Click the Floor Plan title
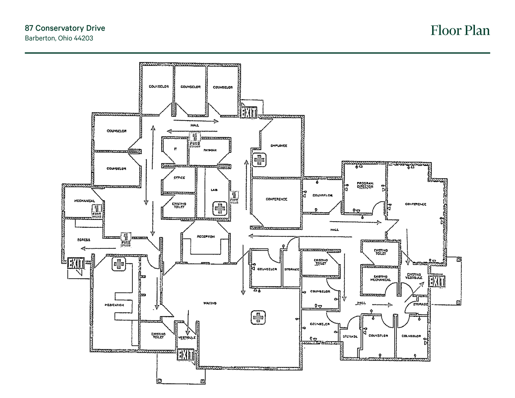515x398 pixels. click(x=460, y=31)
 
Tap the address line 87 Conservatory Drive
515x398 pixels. click(x=65, y=28)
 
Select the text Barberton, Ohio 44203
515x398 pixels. click(x=59, y=38)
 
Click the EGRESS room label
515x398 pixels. click(x=84, y=240)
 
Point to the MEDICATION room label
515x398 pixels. click(x=114, y=305)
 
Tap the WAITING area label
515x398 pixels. click(x=210, y=303)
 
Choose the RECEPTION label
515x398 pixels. click(x=206, y=236)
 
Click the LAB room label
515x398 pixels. click(x=214, y=190)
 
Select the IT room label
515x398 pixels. click(x=175, y=149)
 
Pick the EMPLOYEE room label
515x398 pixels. click(x=279, y=146)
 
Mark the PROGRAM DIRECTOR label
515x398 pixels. click(x=365, y=185)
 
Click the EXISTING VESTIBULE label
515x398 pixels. click(x=414, y=276)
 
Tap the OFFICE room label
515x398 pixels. click(x=179, y=178)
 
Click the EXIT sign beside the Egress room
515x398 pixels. click(x=76, y=264)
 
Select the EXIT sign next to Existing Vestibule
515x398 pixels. click(x=436, y=282)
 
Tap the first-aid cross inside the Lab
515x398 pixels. click(x=220, y=209)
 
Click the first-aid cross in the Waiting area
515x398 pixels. click(x=258, y=317)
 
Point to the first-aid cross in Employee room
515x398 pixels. click(x=259, y=160)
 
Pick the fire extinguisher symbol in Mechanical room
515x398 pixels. click(x=97, y=210)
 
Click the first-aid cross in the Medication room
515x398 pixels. click(x=119, y=264)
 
